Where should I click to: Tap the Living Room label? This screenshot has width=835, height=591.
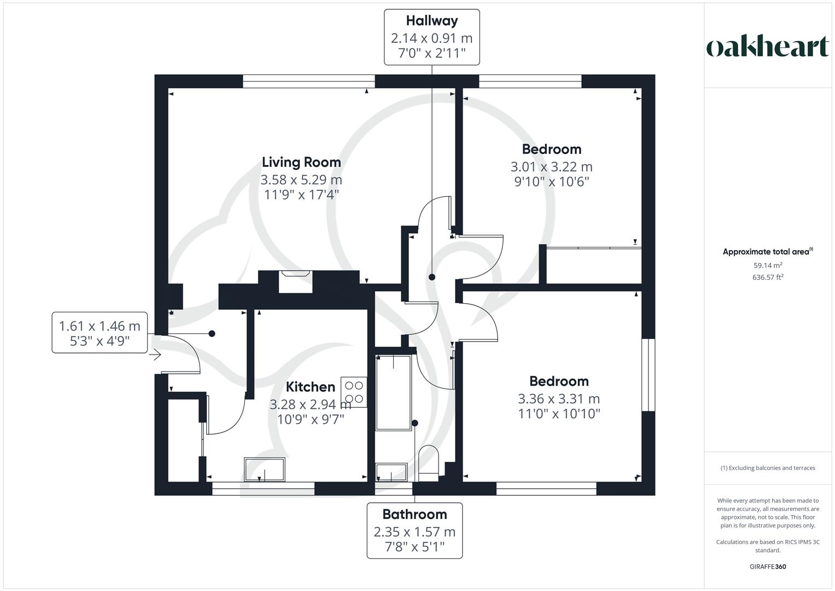pos(301,162)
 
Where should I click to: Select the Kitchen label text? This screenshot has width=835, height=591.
pos(310,387)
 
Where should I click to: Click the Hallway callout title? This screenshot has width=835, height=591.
pos(431,21)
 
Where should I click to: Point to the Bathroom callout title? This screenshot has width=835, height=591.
pos(414,514)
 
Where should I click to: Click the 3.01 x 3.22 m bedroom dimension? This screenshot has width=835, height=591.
pos(551,166)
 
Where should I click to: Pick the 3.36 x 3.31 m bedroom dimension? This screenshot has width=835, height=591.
pos(558,398)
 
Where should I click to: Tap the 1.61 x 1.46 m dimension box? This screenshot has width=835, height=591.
pos(100,333)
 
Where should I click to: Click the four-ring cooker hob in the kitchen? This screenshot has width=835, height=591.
pos(354,392)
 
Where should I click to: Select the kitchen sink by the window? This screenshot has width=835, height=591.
pos(264,470)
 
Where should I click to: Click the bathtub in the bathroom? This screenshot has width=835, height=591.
pos(393,392)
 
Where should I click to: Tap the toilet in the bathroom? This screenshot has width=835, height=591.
pos(428,462)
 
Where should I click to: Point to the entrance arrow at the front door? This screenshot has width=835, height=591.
pos(155,355)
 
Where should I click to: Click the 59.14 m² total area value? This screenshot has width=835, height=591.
pos(768,265)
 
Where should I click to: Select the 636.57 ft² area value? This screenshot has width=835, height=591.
pos(768,277)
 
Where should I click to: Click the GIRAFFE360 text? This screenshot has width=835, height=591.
pos(768,566)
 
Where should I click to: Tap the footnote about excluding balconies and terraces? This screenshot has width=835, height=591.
pos(768,468)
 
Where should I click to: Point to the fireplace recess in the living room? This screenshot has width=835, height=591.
pos(295,282)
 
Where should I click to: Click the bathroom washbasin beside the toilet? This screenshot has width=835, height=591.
pos(392,472)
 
